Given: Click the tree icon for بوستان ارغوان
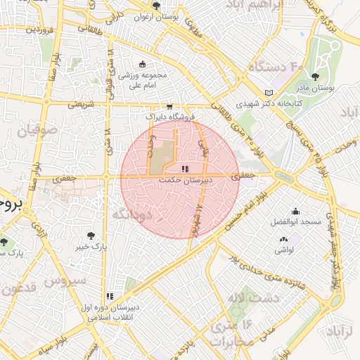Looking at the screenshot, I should tap(156, 6).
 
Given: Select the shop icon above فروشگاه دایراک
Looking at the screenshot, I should tap(169, 106).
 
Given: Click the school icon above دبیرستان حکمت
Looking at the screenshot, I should tap(184, 169).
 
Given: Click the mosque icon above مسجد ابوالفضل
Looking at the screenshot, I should tap(295, 211).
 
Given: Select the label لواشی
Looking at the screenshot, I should tap(284, 250).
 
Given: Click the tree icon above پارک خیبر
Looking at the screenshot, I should tap(90, 236).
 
